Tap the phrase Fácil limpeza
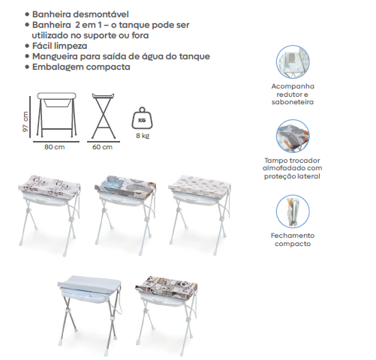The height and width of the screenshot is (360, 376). pyautogui.click(x=60, y=46)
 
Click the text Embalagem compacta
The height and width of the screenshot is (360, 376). pyautogui.click(x=81, y=67)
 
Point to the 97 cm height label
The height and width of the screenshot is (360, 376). pyautogui.click(x=26, y=121)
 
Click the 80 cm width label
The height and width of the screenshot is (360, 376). pyautogui.click(x=55, y=147)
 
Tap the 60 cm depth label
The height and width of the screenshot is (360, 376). pyautogui.click(x=102, y=147)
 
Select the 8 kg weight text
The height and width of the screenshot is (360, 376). pyautogui.click(x=143, y=136)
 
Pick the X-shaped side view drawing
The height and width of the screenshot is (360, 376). pyautogui.click(x=104, y=116)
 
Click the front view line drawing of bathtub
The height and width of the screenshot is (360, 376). pyautogui.click(x=56, y=115)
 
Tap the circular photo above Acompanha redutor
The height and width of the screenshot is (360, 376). pyautogui.click(x=293, y=61)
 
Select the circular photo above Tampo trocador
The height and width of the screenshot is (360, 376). pyautogui.click(x=293, y=136)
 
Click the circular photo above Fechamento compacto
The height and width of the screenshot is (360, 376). pyautogui.click(x=293, y=211)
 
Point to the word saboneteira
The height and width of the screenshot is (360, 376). pyautogui.click(x=293, y=102)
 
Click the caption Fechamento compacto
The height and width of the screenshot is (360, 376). pyautogui.click(x=293, y=239)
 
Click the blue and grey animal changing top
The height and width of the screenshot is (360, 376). pyautogui.click(x=125, y=187)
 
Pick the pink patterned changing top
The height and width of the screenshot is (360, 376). pyautogui.click(x=50, y=187)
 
